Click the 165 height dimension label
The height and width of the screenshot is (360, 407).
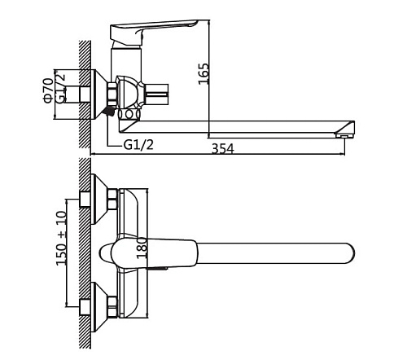pos(203,74)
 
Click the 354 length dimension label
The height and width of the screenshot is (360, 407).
pos(222,149)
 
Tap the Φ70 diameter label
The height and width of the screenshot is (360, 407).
pos(48,90)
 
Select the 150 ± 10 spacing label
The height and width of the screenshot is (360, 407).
pos(61,238)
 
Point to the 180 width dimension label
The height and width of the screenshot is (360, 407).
pos(142,248)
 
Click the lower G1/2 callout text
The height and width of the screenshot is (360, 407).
pos(138,145)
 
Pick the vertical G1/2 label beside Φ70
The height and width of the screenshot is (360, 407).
pos(60,87)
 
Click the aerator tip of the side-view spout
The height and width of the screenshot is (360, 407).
pos(344,135)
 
